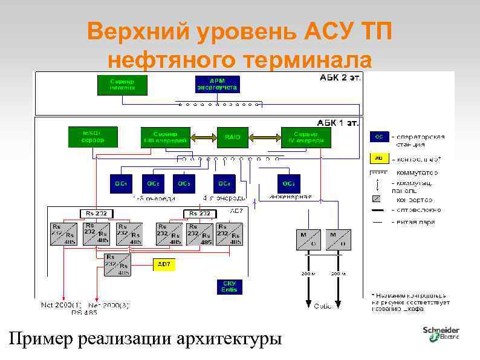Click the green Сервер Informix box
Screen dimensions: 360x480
click(122, 84)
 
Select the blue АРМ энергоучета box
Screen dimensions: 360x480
click(217, 84)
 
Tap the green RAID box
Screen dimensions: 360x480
click(233, 137)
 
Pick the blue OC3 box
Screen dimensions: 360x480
click(185, 183)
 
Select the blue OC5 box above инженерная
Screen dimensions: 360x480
click(290, 183)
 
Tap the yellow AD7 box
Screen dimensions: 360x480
click(163, 264)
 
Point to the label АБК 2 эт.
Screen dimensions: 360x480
click(339, 78)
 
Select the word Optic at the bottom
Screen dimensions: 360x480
click(323, 306)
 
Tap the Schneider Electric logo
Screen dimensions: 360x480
click(441, 333)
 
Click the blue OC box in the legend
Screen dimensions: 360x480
click(379, 137)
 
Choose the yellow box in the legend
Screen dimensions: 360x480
click(379, 158)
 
